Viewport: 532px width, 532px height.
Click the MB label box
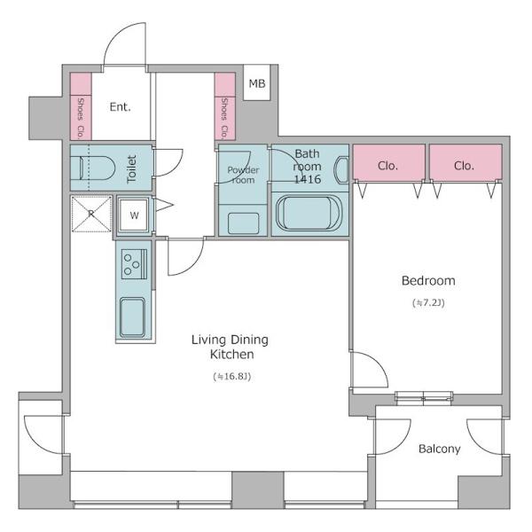(257, 82)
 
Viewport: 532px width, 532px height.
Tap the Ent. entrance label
(120, 107)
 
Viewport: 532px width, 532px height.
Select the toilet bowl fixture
(97, 168)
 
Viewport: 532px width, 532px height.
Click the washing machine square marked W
(135, 215)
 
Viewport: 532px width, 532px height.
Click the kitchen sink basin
(133, 317)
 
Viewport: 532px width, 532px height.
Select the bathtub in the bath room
(308, 213)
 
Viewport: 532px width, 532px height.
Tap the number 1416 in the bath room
(308, 179)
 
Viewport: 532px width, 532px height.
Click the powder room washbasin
(243, 223)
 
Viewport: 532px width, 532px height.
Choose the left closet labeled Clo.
(389, 162)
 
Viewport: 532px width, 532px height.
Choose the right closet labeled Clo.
(465, 162)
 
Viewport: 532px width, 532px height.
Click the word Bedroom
(428, 280)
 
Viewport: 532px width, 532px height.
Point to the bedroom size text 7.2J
(428, 302)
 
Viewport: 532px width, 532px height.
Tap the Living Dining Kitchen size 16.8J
(232, 376)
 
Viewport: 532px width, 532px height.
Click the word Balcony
(440, 449)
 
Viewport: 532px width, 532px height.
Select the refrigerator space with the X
(91, 214)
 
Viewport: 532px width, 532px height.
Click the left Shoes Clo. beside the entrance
(81, 106)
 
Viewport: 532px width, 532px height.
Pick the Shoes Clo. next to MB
(224, 106)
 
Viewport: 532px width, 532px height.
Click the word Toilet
(131, 169)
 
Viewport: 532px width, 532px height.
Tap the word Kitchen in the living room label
(232, 354)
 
